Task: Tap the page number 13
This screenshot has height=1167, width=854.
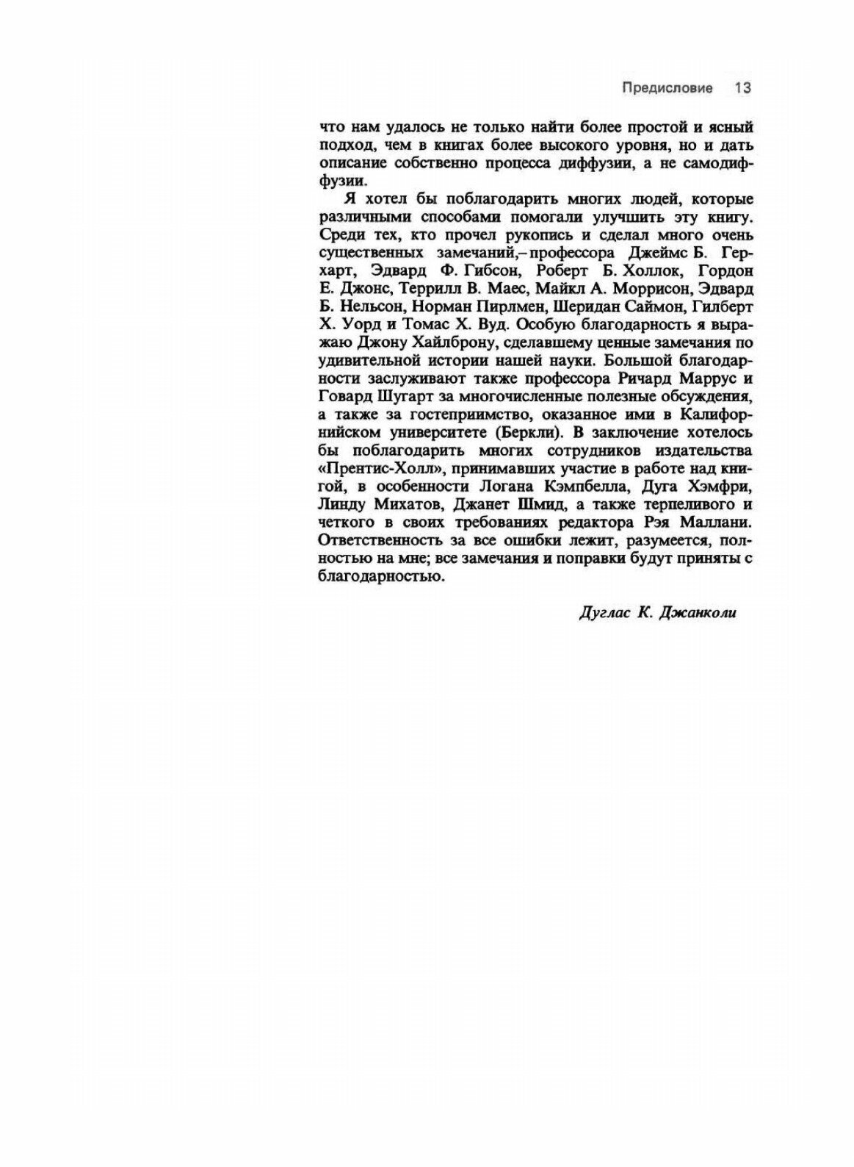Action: click(x=742, y=88)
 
